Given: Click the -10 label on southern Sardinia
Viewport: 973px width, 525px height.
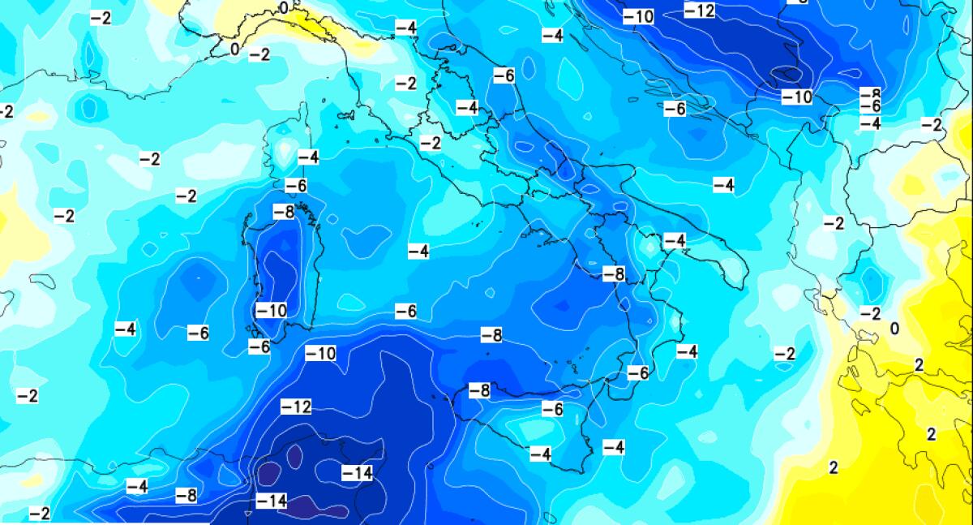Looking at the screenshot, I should tap(271, 310).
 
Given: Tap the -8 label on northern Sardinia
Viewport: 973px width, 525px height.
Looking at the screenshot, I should tap(283, 213).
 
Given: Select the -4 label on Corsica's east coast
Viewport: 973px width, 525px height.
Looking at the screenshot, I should tap(308, 157).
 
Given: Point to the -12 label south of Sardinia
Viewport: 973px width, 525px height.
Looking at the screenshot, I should tap(296, 407).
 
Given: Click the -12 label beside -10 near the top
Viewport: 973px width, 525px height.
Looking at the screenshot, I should tap(699, 11).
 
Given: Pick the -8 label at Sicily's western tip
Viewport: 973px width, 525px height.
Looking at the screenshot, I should tap(479, 390).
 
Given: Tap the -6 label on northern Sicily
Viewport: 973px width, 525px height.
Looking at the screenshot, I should tap(552, 410).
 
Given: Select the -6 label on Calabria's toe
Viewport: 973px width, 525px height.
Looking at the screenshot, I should tap(638, 372).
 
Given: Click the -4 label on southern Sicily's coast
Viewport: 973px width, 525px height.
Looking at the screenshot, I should tap(541, 454).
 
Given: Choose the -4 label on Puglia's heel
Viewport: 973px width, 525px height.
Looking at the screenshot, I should tap(675, 240).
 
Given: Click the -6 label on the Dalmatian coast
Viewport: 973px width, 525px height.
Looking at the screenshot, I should tap(675, 109).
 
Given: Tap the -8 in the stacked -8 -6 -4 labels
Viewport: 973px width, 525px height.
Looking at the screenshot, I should tap(870, 94).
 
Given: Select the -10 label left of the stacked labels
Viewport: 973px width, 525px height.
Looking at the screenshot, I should tap(796, 97).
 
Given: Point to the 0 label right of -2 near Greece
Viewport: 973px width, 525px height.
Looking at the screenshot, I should tap(894, 329).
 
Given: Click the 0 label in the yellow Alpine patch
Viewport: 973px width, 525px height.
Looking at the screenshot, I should tap(283, 7).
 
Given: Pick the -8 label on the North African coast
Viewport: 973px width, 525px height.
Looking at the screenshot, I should tap(186, 495).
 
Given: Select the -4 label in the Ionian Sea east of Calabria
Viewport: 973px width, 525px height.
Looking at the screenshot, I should tap(687, 351).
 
